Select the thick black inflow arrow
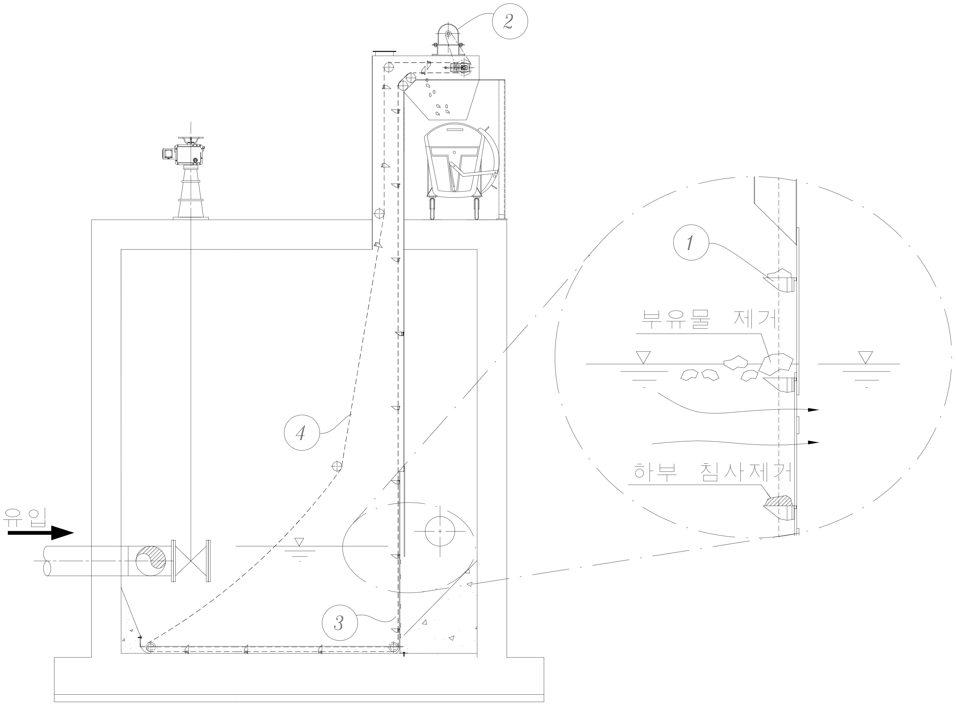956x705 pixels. click(41, 533)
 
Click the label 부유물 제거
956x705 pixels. click(709, 319)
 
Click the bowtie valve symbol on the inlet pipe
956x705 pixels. click(191, 560)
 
